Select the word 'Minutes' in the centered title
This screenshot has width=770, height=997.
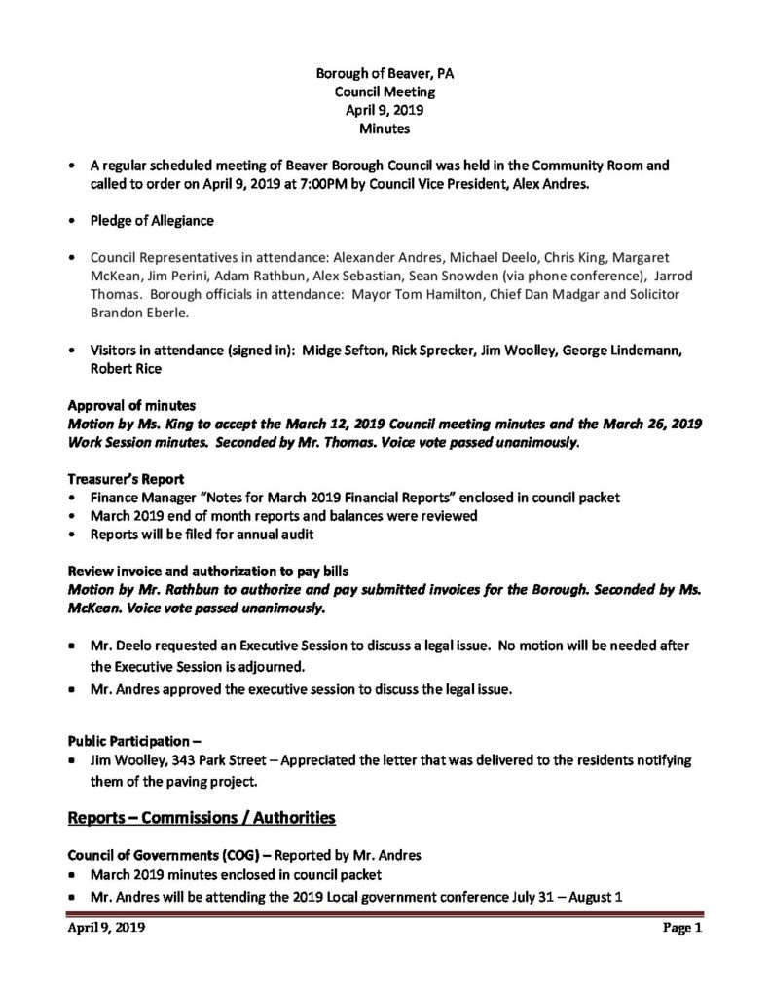click(385, 128)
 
